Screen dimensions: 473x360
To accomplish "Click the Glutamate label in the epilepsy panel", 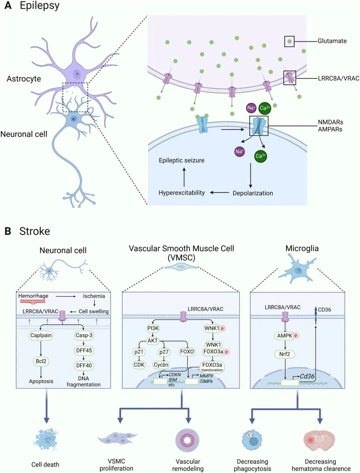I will [x=332, y=41].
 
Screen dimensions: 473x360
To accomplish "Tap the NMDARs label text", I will [x=330, y=122].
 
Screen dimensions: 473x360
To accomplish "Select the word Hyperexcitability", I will [x=182, y=193].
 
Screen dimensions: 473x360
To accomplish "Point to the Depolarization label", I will [x=253, y=193].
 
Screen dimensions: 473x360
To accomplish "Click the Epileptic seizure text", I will [x=182, y=160].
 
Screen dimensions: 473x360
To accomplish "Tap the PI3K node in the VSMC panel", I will [x=153, y=328].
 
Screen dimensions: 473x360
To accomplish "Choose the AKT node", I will [x=153, y=341].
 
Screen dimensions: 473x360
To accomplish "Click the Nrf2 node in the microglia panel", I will [x=285, y=354].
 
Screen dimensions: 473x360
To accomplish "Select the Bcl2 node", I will [x=41, y=361].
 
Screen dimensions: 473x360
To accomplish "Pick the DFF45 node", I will [x=84, y=350].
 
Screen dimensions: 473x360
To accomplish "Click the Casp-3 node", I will [x=84, y=335].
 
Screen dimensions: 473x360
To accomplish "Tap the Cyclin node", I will [x=161, y=365].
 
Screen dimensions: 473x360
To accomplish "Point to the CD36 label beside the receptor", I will [x=324, y=310].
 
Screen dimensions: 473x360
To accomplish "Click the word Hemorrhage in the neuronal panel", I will [x=33, y=296].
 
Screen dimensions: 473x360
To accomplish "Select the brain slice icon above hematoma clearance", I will [x=319, y=440].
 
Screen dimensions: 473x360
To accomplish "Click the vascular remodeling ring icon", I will [x=187, y=440].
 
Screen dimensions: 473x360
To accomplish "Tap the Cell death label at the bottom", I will [x=45, y=464].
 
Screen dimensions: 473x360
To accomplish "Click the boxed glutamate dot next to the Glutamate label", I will [x=289, y=41].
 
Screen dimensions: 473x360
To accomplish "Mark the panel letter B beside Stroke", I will [x=8, y=231].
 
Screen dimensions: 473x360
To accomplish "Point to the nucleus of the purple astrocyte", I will [x=77, y=74].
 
